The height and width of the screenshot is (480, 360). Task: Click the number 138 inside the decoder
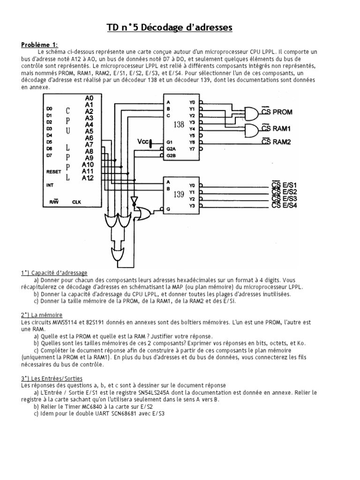179,125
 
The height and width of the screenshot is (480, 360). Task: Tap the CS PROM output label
278,112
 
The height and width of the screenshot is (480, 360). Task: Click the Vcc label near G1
143,141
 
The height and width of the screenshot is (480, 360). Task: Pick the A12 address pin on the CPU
88,178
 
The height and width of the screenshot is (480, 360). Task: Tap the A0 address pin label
90,98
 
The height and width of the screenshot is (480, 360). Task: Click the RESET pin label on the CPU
53,172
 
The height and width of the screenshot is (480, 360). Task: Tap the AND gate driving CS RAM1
250,129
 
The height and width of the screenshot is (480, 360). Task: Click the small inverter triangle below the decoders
135,201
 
